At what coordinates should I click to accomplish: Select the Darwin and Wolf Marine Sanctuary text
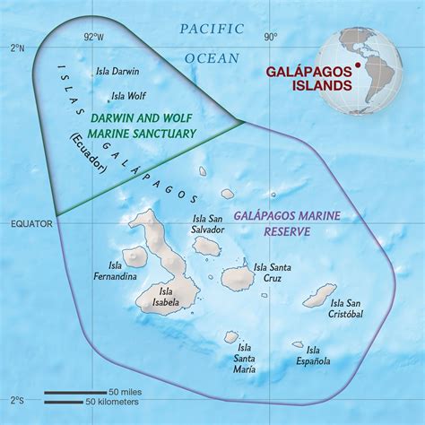(x=143, y=126)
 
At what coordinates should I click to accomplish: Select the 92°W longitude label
(x=92, y=38)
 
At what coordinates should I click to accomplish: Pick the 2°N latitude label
(x=16, y=47)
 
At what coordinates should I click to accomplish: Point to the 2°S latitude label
(x=16, y=397)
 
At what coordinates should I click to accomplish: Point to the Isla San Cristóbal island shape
(x=319, y=294)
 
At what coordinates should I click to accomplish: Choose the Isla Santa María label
(x=240, y=362)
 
